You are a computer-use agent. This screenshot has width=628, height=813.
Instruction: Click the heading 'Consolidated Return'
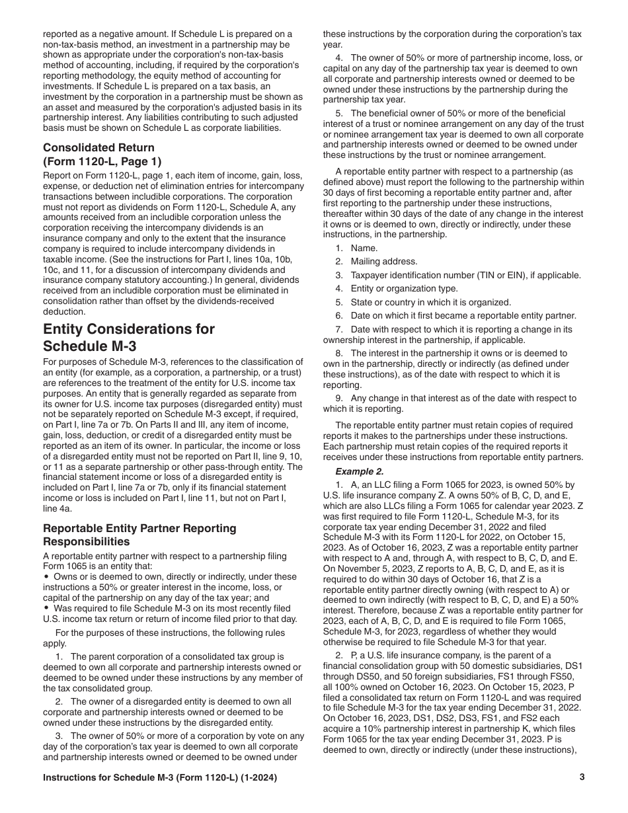(x=98, y=147)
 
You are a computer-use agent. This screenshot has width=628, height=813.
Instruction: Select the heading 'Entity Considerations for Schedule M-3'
(x=129, y=338)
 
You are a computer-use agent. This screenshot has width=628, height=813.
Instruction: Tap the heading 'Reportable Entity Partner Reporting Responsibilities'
(x=139, y=535)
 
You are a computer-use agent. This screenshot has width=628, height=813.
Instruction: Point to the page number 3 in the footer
(x=582, y=778)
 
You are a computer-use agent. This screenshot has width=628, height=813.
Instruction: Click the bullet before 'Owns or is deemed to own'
(x=46, y=577)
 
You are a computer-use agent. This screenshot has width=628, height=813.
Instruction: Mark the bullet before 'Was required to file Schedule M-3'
(x=46, y=609)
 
